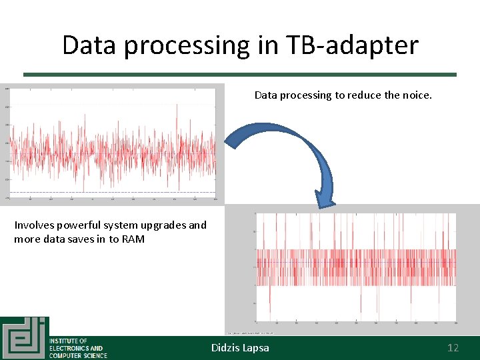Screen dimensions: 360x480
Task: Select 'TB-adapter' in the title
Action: tap(353, 45)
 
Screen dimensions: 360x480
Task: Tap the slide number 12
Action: tap(453, 347)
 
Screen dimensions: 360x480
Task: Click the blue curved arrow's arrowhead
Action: tap(325, 199)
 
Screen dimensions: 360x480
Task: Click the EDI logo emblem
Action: tap(24, 338)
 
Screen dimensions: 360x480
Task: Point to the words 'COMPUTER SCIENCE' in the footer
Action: tap(78, 355)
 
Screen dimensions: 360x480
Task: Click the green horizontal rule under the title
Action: tap(240, 75)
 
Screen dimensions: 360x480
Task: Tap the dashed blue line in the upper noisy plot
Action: tap(113, 192)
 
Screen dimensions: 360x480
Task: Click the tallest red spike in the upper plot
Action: tap(177, 105)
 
